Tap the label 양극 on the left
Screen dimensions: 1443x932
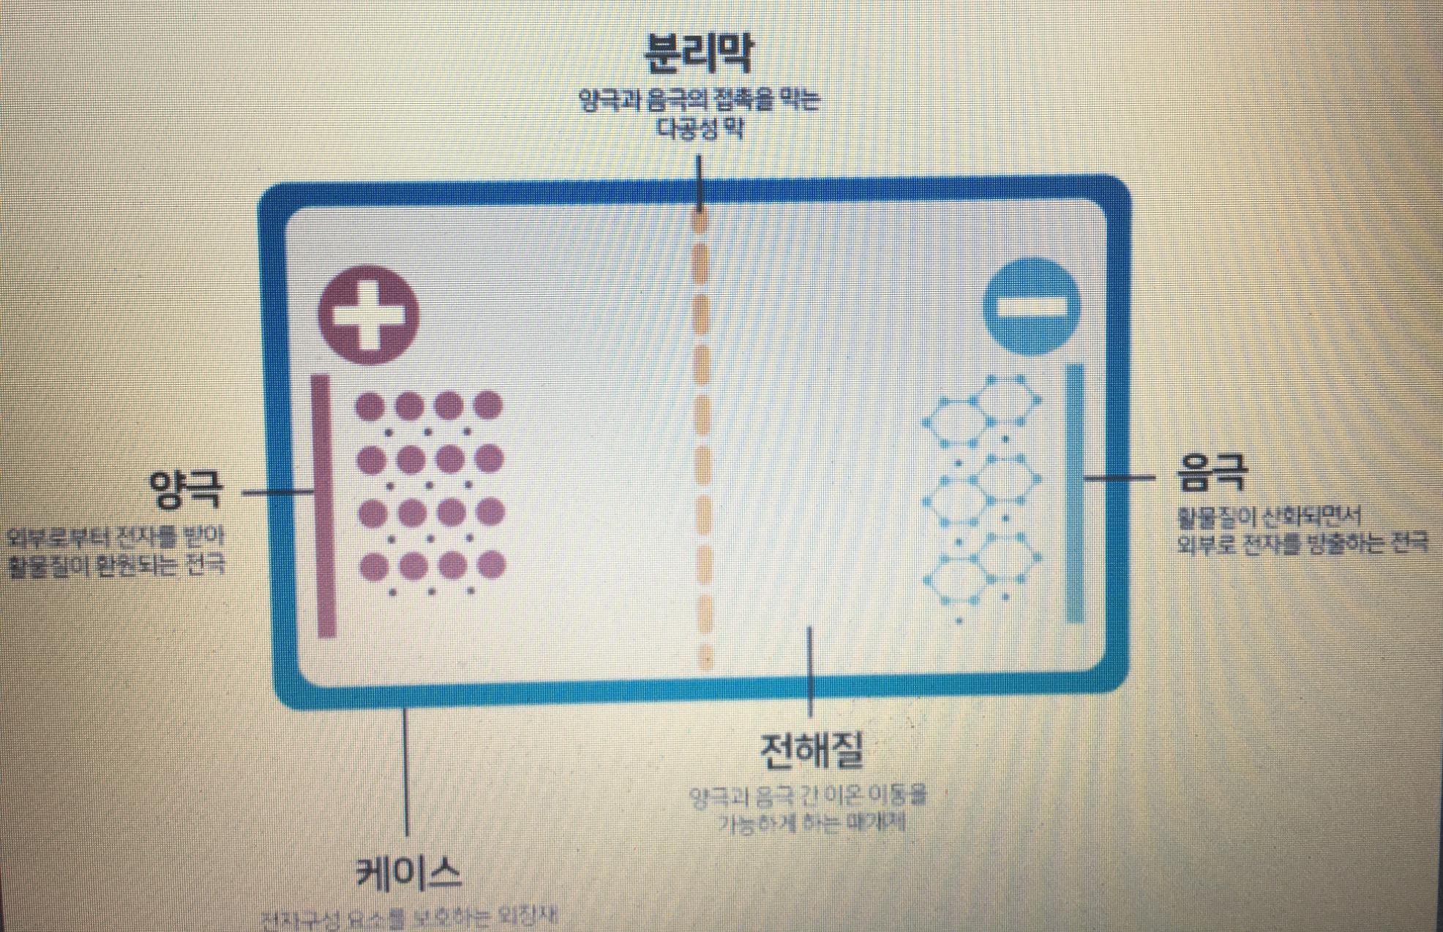(185, 489)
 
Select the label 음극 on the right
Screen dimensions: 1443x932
(1212, 473)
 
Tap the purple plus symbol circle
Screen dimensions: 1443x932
(369, 315)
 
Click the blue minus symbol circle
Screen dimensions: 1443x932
(1032, 306)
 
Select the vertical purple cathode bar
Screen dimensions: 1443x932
(325, 505)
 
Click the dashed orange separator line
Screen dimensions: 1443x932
(702, 439)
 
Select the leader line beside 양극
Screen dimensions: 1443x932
(278, 492)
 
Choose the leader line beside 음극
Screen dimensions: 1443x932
(1120, 478)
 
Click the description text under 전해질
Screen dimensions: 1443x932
(809, 809)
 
